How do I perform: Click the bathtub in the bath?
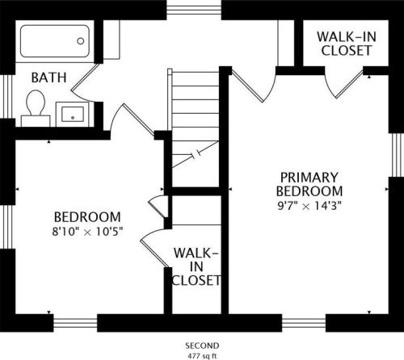point(55,41)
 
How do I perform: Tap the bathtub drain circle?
point(81,41)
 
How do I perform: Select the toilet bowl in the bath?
point(36,103)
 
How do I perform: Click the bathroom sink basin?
point(73,114)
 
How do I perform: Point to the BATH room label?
point(48,77)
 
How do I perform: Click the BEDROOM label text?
point(87,217)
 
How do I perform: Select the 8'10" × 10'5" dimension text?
point(87,232)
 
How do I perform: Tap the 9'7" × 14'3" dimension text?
point(309,207)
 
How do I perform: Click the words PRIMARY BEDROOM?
point(309,184)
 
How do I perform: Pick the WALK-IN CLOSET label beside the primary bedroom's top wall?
point(347,44)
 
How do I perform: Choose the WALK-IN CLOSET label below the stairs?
point(196,266)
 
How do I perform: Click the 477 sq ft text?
point(202,356)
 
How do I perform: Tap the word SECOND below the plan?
point(202,345)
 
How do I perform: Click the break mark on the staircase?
point(196,154)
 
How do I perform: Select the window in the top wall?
point(194,10)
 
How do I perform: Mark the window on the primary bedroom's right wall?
point(396,155)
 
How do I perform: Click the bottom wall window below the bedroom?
point(75,323)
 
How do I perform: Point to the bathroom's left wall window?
point(7,97)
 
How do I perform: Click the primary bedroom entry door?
point(253,85)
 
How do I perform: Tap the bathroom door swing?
point(84,83)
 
